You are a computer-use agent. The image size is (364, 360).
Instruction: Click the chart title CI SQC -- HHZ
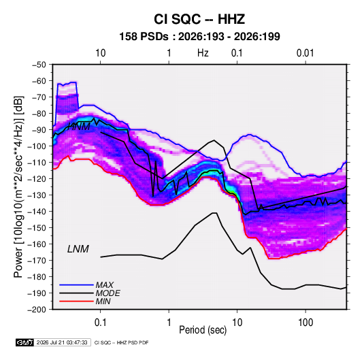199,19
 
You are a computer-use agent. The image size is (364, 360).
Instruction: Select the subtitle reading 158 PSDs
144,37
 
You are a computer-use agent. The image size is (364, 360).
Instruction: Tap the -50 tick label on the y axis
39,65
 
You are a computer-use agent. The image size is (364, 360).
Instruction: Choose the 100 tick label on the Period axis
305,323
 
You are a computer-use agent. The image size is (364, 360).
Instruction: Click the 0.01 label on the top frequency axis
305,53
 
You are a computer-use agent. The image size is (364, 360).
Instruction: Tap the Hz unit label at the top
203,53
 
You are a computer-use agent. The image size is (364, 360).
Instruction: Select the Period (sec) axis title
203,330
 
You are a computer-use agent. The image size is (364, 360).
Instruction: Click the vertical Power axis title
18,186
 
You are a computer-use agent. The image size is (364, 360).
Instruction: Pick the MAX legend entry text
105,284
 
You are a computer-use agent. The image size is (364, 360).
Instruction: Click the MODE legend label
107,293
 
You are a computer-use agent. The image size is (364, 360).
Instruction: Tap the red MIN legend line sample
76,301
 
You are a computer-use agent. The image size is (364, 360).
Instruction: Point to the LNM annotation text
78,249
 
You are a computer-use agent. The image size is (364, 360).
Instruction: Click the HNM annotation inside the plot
79,127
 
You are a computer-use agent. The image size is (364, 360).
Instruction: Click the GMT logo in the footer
24,342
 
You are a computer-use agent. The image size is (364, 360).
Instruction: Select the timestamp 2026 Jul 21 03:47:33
62,342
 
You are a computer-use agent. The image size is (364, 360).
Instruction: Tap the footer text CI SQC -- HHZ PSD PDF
121,342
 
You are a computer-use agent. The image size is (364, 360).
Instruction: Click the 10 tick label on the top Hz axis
101,53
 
